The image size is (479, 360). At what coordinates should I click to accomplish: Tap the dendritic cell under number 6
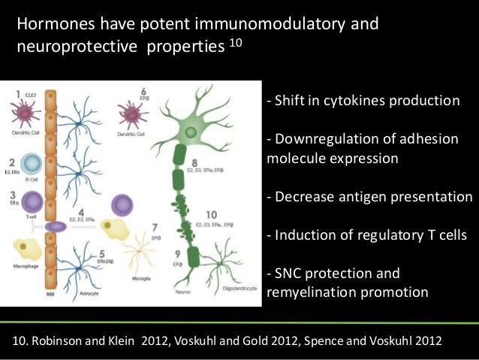133,113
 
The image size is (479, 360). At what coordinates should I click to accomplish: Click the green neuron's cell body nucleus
190,132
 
